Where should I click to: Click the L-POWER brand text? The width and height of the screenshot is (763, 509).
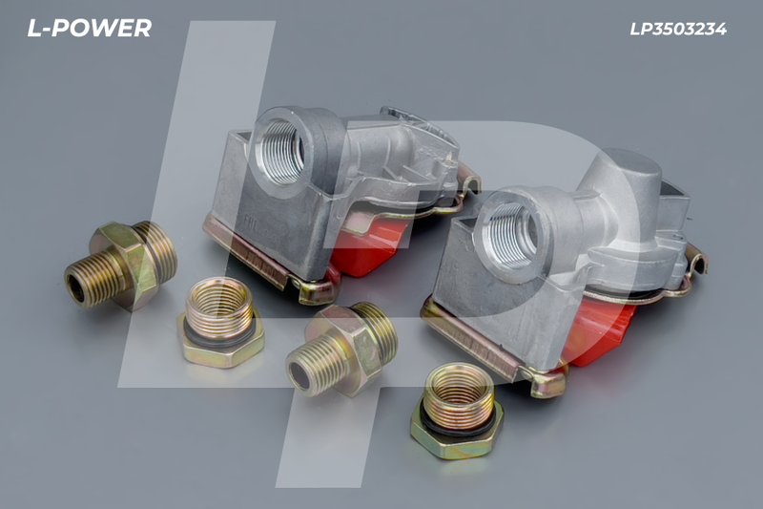tap(89, 29)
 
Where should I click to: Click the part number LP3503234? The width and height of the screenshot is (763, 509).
tap(678, 30)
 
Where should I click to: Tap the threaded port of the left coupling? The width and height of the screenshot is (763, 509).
tap(281, 151)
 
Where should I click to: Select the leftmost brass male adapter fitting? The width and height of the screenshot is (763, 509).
tap(121, 265)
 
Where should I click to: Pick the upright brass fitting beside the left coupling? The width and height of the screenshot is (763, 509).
tap(220, 323)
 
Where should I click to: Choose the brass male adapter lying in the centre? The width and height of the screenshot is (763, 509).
tap(341, 349)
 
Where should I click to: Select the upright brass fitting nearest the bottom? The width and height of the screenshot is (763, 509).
tap(457, 411)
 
